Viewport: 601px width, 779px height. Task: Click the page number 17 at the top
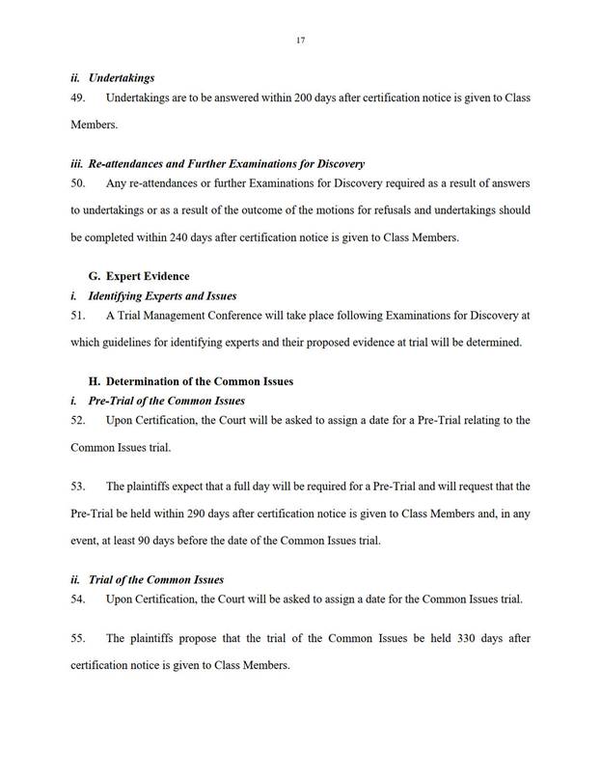click(301, 40)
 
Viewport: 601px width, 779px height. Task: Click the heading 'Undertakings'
click(121, 76)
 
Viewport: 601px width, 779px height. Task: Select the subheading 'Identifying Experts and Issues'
click(161, 295)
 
